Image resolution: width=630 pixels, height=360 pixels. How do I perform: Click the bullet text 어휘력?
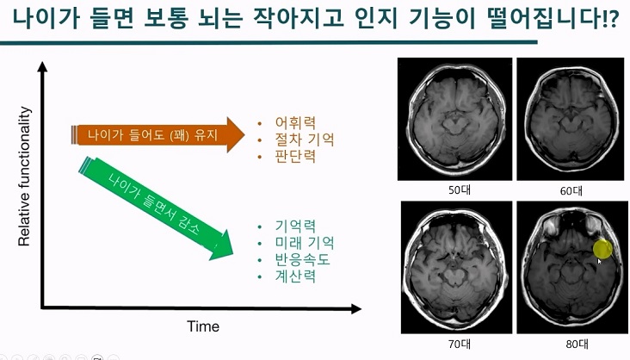(295, 121)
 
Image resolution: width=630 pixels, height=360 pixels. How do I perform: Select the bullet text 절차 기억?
(304, 139)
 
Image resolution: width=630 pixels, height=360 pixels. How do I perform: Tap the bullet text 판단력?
(295, 156)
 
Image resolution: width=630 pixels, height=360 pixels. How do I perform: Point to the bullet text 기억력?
(295, 226)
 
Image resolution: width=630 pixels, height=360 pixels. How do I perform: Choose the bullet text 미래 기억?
(304, 243)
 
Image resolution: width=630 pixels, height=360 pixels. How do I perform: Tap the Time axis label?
(203, 326)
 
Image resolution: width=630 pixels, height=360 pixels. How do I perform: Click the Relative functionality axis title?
(25, 177)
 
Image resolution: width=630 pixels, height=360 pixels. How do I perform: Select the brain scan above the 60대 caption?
(567, 117)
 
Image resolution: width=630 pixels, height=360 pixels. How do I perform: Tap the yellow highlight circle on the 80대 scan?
(603, 249)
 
